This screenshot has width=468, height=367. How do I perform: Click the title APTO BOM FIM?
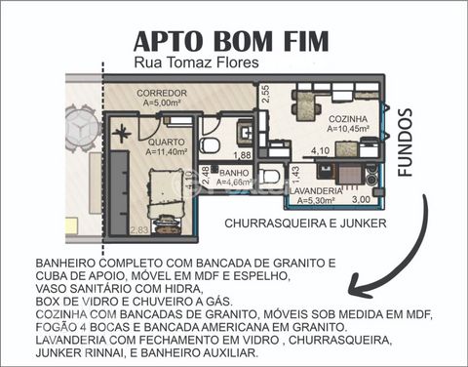click(231, 41)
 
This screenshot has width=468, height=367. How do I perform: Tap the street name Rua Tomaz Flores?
click(196, 62)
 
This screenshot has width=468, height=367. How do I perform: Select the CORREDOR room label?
click(162, 93)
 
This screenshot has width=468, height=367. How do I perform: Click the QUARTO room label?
click(166, 143)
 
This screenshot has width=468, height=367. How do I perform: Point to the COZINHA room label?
click(348, 119)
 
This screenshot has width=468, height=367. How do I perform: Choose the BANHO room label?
click(234, 173)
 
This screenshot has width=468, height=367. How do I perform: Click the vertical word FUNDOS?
click(405, 143)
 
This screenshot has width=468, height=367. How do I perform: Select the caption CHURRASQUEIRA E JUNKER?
click(305, 224)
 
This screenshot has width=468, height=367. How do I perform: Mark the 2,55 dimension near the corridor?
click(266, 94)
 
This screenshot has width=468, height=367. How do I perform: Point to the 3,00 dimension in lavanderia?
click(361, 199)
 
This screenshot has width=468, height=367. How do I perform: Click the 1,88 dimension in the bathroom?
click(243, 155)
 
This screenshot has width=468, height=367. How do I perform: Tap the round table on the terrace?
click(83, 129)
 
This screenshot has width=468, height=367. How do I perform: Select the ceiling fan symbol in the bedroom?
click(122, 134)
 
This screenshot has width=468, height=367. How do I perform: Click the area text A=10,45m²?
click(348, 129)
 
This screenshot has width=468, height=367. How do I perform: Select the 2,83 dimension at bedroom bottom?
click(139, 230)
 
